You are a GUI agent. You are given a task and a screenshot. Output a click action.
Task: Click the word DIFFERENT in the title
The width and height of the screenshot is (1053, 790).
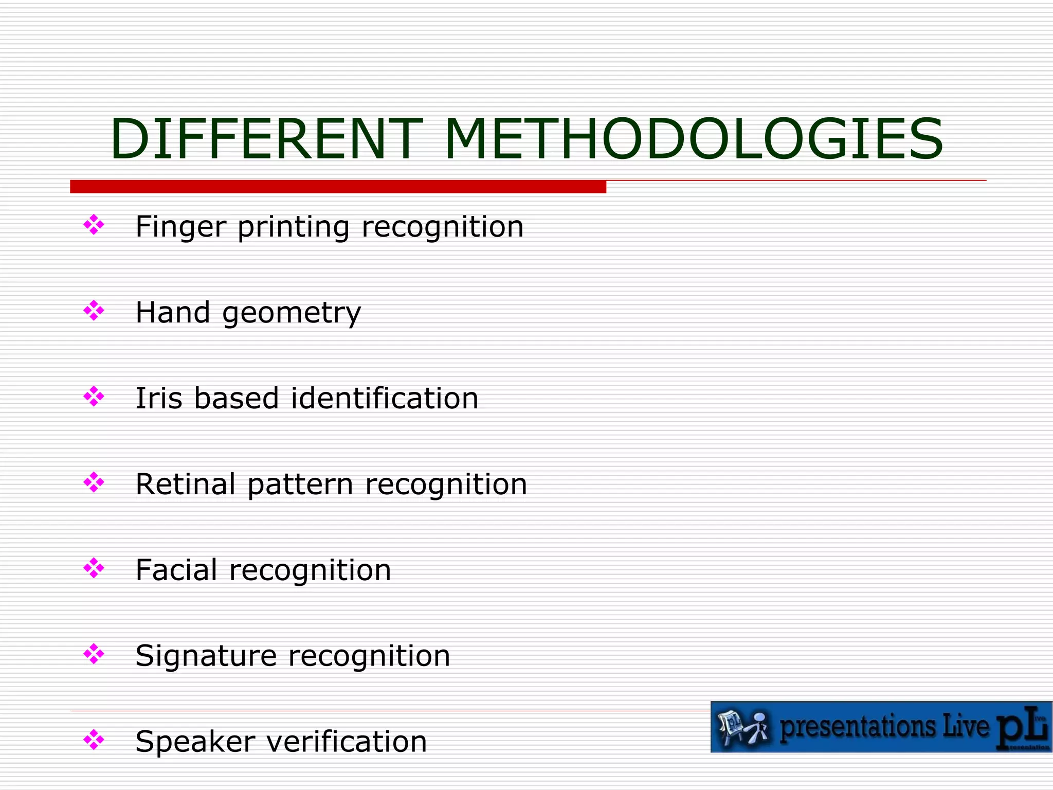tap(266, 139)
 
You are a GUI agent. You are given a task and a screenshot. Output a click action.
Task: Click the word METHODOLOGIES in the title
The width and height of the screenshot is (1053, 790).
tap(694, 139)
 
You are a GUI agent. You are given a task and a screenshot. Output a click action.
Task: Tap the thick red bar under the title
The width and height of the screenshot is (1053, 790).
tap(338, 187)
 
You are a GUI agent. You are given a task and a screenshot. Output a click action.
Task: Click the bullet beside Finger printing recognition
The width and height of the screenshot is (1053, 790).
tap(94, 225)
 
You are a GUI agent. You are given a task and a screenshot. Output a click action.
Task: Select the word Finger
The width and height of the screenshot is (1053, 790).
tap(180, 227)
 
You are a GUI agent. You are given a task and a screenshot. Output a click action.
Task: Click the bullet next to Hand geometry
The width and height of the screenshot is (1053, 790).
tap(94, 311)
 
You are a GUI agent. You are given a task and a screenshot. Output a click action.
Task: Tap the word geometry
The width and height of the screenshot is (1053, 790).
tap(292, 313)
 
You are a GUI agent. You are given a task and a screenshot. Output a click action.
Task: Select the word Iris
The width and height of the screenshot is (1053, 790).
tap(159, 398)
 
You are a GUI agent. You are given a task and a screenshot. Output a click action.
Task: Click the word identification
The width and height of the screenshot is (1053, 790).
tap(385, 398)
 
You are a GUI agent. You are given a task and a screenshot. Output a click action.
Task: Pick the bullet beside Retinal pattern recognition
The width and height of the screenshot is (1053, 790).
tap(94, 483)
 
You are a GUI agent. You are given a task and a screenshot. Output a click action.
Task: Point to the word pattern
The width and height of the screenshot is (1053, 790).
tap(300, 484)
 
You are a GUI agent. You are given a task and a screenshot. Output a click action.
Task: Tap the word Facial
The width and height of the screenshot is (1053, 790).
tap(176, 570)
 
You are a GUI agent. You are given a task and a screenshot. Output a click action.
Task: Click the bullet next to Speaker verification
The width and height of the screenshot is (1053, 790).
tap(94, 741)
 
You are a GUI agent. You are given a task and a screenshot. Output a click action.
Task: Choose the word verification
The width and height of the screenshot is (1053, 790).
tap(350, 742)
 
